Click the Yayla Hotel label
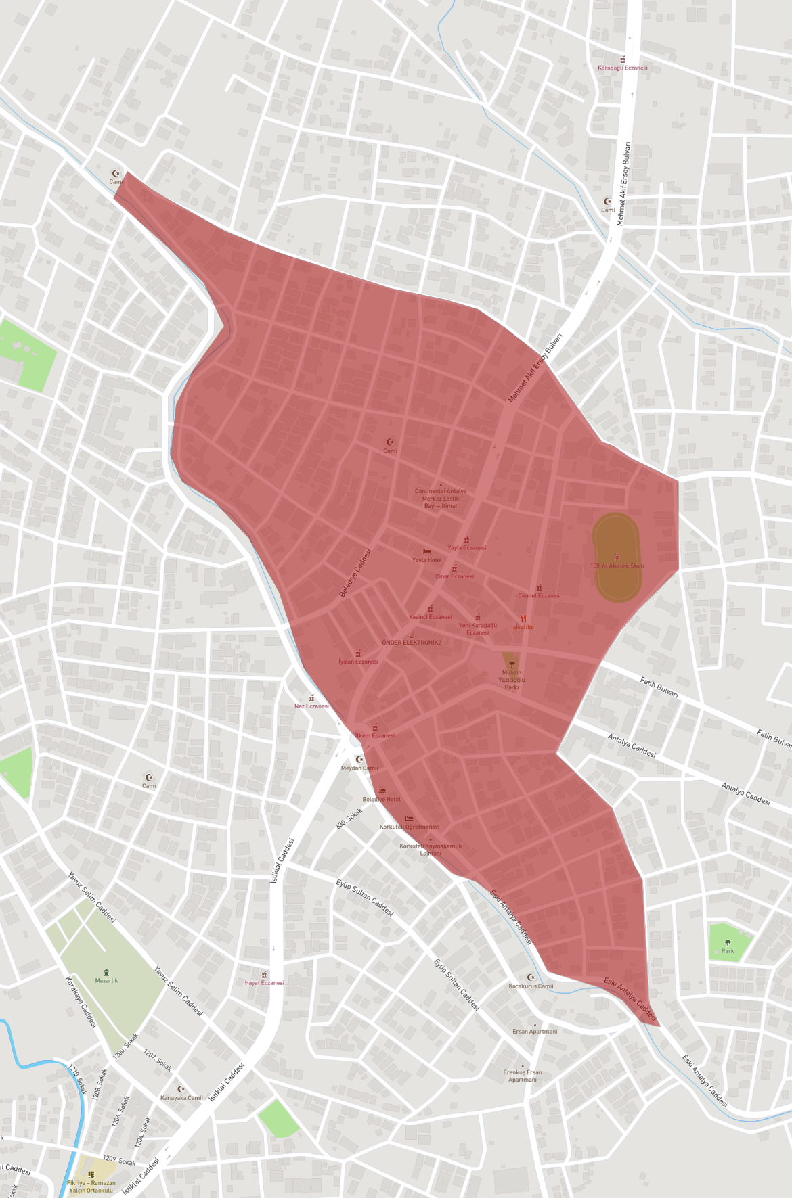tap(426, 560)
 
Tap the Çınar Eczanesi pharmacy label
tap(454, 576)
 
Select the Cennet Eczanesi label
tap(539, 595)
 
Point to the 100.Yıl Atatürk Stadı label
tap(617, 566)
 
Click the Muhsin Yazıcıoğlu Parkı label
tap(512, 679)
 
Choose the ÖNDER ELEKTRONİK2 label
tap(411, 642)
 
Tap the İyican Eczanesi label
tap(358, 662)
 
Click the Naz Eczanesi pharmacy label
tap(311, 706)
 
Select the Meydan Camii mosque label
tap(359, 768)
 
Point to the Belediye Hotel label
tap(381, 799)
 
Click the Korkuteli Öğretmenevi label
tap(409, 827)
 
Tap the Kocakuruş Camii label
tap(531, 986)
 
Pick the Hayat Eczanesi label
tap(264, 982)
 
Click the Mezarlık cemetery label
tap(106, 980)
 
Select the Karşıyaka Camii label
tap(181, 1097)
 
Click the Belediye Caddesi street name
tap(355, 573)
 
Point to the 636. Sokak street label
tap(349, 818)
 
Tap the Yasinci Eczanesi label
tap(430, 616)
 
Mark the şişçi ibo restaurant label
tap(523, 627)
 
